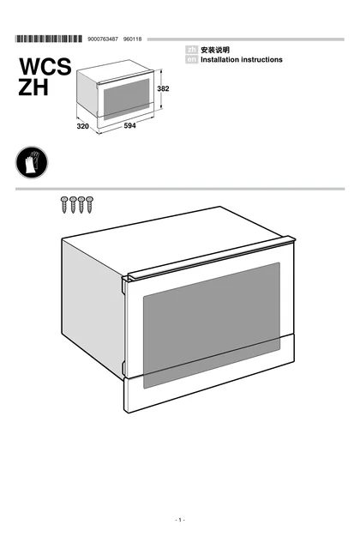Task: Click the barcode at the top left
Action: (x=49, y=39)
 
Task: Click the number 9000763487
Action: (x=103, y=39)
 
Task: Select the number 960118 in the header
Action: (x=133, y=39)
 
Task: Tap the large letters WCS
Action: (x=45, y=67)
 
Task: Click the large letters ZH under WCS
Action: (x=33, y=87)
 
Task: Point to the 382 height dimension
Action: (x=163, y=89)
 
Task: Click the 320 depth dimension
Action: (x=83, y=126)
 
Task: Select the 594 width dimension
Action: (x=129, y=126)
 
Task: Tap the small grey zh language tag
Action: (x=192, y=50)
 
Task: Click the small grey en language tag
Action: (x=192, y=59)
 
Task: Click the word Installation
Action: (x=219, y=60)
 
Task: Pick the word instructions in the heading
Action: (x=261, y=60)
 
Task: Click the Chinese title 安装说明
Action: (x=215, y=50)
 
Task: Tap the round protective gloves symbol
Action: (x=32, y=162)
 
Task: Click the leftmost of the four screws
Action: (x=64, y=204)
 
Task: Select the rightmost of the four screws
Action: (x=89, y=204)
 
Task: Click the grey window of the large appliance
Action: (x=212, y=325)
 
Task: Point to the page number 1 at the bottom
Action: (x=180, y=520)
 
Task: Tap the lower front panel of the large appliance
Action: (x=209, y=372)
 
